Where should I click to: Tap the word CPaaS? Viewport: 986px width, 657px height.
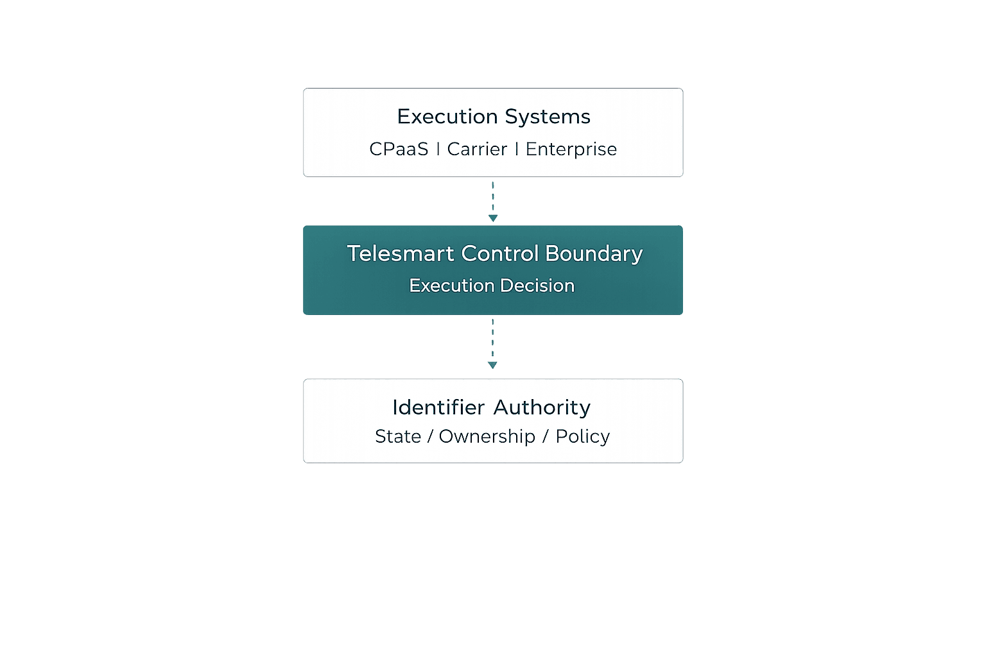click(399, 149)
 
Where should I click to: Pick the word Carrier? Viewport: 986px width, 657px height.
click(477, 149)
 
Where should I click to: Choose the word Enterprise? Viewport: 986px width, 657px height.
click(571, 149)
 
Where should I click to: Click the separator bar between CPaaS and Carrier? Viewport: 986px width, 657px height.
click(438, 149)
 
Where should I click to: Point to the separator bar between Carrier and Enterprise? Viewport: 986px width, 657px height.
click(516, 149)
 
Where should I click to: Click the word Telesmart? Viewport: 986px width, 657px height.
click(401, 253)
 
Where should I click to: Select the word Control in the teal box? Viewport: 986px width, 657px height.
click(499, 253)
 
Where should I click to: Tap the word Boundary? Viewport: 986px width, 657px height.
click(594, 254)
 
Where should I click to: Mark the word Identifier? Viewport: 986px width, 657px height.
click(438, 407)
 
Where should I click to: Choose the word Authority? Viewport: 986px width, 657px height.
click(542, 407)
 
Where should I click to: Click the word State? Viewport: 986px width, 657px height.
click(398, 436)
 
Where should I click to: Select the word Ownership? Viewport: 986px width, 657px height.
click(487, 436)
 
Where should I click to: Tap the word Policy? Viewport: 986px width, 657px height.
click(582, 436)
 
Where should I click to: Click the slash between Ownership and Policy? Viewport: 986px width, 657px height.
click(545, 436)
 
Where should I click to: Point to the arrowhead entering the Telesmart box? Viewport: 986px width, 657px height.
click(493, 218)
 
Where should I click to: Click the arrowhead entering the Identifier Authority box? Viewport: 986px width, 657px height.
click(492, 365)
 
